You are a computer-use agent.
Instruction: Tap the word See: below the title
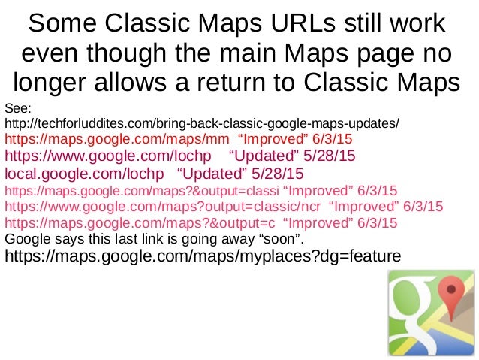click(17, 108)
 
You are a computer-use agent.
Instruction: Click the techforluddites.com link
click(203, 123)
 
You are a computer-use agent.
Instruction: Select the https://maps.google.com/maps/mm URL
click(117, 140)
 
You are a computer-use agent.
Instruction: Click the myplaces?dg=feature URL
click(203, 256)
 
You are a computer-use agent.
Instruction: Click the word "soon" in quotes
click(281, 239)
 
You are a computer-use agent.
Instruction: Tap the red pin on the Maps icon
click(449, 291)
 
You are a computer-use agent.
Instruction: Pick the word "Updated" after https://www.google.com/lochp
click(264, 157)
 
